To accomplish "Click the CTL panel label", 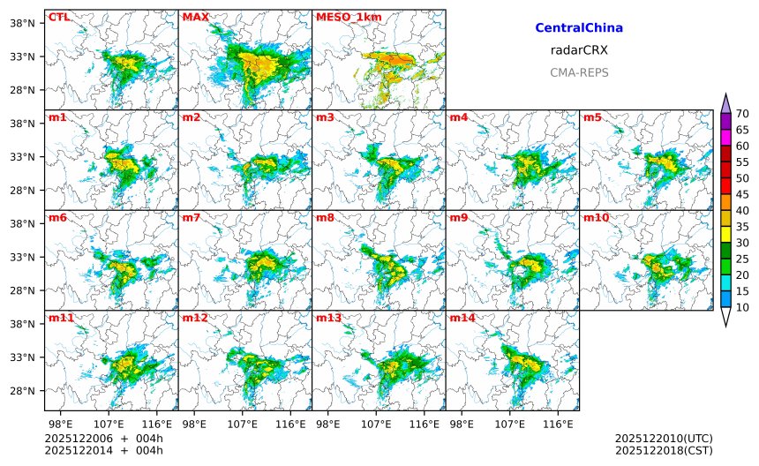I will tap(59, 17).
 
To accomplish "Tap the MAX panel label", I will tap(195, 17).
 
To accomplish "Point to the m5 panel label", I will tap(592, 117).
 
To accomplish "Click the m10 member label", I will tap(596, 218).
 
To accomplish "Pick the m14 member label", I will tap(462, 318).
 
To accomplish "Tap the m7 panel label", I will tap(192, 218).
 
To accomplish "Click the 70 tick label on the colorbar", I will tap(742, 113).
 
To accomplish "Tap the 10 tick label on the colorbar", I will tap(742, 307).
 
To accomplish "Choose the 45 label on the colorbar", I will tap(742, 194).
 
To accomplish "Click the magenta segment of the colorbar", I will tap(725, 138).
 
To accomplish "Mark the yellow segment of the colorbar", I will tap(725, 235).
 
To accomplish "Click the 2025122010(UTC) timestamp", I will tap(664, 439).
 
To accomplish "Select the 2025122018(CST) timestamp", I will tap(664, 450).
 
